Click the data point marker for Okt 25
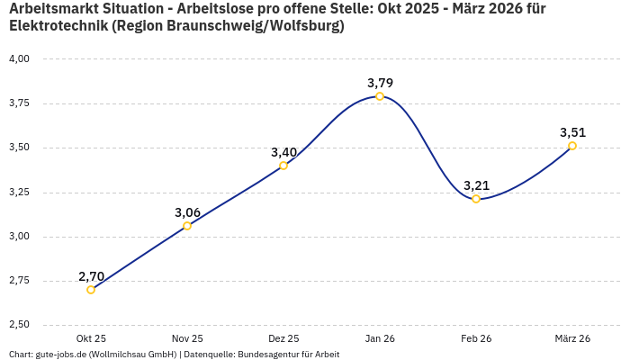[x=91, y=290]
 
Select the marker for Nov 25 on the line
[x=187, y=226]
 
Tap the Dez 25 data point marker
[x=283, y=166]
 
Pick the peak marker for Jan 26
[x=380, y=96]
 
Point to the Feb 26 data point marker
[x=476, y=199]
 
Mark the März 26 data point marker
[x=572, y=146]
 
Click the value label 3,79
[x=380, y=83]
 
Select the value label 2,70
[x=91, y=276]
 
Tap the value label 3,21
[x=476, y=185]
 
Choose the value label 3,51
[x=572, y=132]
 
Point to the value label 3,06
[x=187, y=212]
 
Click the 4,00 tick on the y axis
[x=19, y=58]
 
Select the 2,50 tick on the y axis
[x=19, y=325]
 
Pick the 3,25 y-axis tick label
[x=19, y=192]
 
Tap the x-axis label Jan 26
[x=380, y=338]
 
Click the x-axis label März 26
[x=572, y=338]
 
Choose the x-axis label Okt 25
[x=91, y=338]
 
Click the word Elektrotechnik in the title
[x=56, y=25]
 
